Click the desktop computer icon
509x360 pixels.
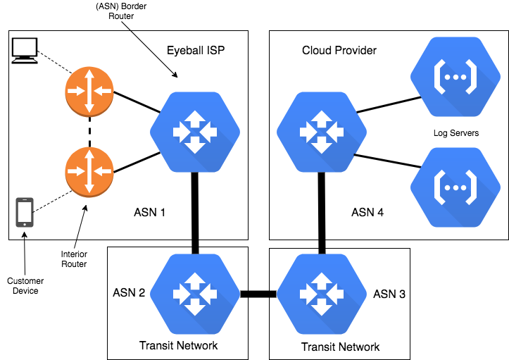pos(25,51)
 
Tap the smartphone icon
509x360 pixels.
pos(25,213)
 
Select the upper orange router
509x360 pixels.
pos(89,91)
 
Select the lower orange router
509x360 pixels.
pos(89,171)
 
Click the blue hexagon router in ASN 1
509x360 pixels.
pos(195,132)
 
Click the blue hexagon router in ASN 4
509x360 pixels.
pos(322,132)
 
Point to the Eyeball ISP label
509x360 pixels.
pos(196,51)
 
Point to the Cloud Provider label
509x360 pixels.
pos(339,51)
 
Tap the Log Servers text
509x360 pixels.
pos(456,132)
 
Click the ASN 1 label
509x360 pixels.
pos(149,212)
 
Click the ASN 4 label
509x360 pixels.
pos(367,212)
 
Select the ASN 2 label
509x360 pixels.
pos(129,292)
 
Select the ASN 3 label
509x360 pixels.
pos(389,294)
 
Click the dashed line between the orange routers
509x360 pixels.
pos(89,131)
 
